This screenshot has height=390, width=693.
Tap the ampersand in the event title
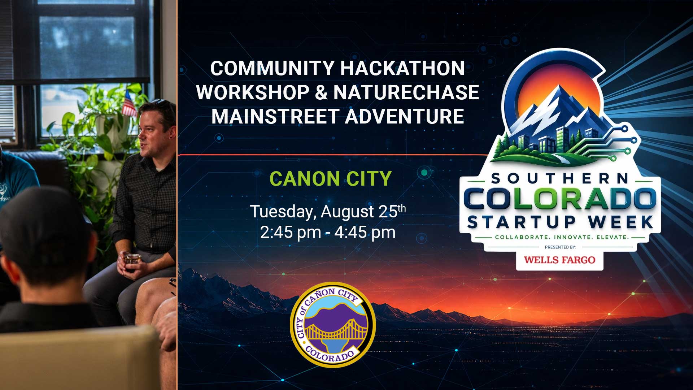click(x=321, y=92)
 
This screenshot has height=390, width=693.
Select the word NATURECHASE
click(x=406, y=92)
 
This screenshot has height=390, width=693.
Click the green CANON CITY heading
click(x=330, y=178)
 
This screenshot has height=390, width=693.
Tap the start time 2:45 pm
click(x=291, y=232)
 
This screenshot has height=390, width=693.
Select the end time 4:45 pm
click(x=365, y=232)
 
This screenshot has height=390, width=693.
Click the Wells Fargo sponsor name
click(x=559, y=260)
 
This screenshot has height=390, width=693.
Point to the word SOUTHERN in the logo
click(x=560, y=178)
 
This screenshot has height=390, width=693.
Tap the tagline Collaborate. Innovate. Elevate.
click(x=562, y=237)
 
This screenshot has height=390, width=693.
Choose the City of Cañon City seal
click(x=333, y=325)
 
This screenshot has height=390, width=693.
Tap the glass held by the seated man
click(x=132, y=261)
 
